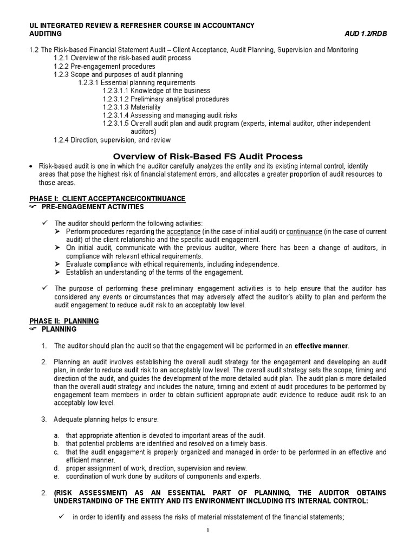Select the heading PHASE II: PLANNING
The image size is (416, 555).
tap(63, 321)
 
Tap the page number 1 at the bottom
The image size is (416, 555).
tap(207, 530)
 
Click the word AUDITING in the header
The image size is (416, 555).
tap(45, 34)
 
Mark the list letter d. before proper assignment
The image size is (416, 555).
tap(56, 468)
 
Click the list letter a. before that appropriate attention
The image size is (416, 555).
tap(56, 435)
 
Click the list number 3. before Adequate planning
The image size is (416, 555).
tap(44, 419)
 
